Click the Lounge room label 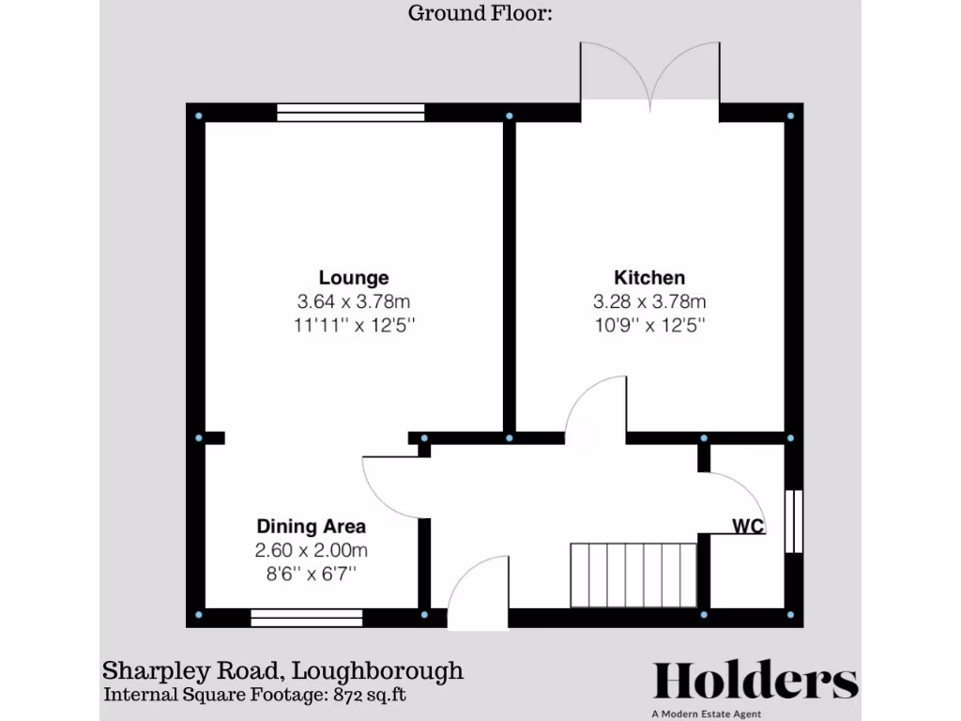(x=354, y=278)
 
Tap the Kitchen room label (x=649, y=278)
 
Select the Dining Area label (x=312, y=527)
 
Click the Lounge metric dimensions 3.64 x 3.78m (x=354, y=302)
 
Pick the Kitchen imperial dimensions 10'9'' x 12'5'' (x=649, y=326)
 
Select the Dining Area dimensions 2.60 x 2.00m (x=312, y=550)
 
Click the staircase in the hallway (x=633, y=574)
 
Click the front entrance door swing (x=479, y=591)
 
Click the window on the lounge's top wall (x=351, y=113)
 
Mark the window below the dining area (x=307, y=617)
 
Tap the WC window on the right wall (x=794, y=520)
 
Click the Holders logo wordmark (x=755, y=681)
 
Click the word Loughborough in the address (x=377, y=671)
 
